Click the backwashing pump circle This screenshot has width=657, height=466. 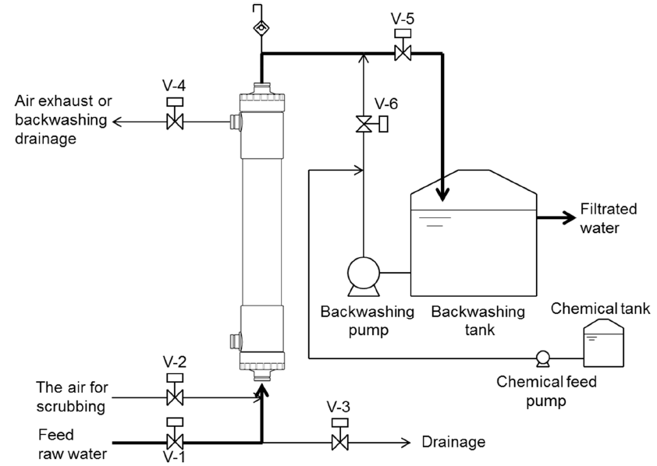364,274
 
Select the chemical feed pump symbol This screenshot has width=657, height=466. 543,358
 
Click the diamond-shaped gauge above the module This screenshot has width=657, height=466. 261,28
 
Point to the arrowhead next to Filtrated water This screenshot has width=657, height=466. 569,217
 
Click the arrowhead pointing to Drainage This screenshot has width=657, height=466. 406,443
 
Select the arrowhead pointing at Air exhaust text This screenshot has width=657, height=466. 118,122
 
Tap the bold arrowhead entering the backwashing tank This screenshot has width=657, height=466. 442,194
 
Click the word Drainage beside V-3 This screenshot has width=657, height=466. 453,442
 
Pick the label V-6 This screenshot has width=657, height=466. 386,104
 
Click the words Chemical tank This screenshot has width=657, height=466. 600,309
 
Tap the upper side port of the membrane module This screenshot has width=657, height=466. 236,122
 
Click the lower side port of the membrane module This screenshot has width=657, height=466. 236,341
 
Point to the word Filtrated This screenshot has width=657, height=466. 609,209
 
